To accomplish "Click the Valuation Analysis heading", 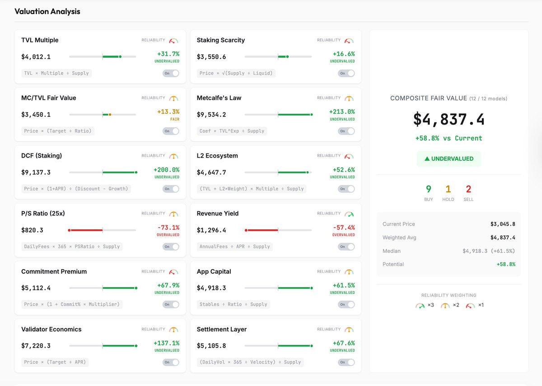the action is point(47,11).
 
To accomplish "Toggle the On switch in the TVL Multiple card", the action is point(171,73).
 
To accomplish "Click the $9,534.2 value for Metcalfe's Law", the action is point(211,115).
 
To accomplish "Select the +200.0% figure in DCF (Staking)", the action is point(167,170).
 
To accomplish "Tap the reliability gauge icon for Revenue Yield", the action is point(349,214).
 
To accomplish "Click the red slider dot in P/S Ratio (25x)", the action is point(69,230).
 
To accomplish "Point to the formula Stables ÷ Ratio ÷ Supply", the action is point(233,304).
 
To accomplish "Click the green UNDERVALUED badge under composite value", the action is point(449,158).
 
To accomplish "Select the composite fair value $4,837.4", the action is point(449,119).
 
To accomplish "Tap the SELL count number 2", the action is point(468,189).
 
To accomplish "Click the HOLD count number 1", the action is point(448,189).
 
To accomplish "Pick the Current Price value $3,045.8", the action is point(503,224).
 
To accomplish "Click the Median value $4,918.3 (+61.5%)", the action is point(489,251).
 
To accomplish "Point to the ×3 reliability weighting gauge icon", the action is point(420,306).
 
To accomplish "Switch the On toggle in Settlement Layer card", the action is point(346,362).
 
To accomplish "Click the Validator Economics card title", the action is point(51,330).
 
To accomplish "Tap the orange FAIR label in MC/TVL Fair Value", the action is point(175,119).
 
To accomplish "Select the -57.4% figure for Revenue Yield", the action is point(344,228).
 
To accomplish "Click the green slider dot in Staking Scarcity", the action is point(287,56).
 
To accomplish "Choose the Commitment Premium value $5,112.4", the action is point(36,288).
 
